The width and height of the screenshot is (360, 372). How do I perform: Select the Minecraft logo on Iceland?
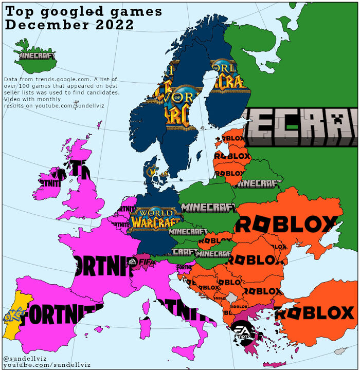(37, 54)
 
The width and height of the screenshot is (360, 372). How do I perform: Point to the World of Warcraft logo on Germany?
(156, 218)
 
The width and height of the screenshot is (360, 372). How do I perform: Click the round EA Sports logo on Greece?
(242, 330)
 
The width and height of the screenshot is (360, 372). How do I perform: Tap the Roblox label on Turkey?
(315, 312)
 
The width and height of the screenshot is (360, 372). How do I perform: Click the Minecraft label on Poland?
(208, 208)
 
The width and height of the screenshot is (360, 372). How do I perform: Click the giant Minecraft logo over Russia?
(301, 126)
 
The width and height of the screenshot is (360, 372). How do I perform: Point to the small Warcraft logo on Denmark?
(153, 171)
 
